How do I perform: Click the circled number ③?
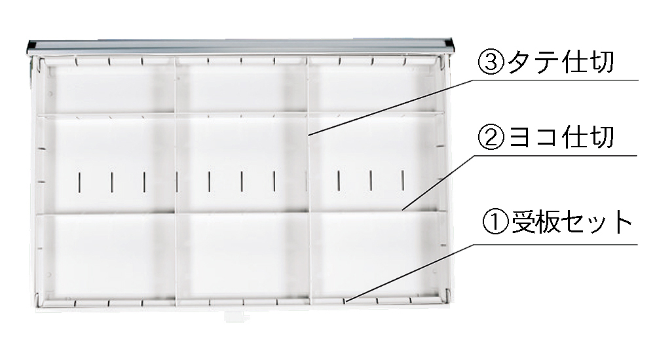pos(491,62)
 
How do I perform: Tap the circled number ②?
pos(491,137)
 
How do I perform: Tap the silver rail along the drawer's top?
pos(241,46)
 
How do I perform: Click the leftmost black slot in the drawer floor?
pos(79,182)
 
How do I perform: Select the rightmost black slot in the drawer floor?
pos(403,181)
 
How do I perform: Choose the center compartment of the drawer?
pos(242,164)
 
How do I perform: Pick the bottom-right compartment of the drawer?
pos(376,255)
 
